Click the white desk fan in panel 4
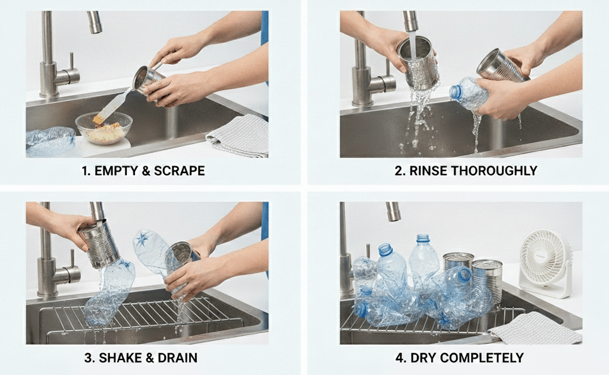coord(545,263)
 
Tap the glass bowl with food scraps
coord(103,128)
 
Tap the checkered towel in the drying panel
coord(536,328)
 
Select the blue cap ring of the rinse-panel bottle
coord(455,92)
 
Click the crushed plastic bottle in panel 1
coord(51,142)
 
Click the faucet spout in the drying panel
coord(393,211)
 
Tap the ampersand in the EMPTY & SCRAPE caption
coord(146,171)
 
